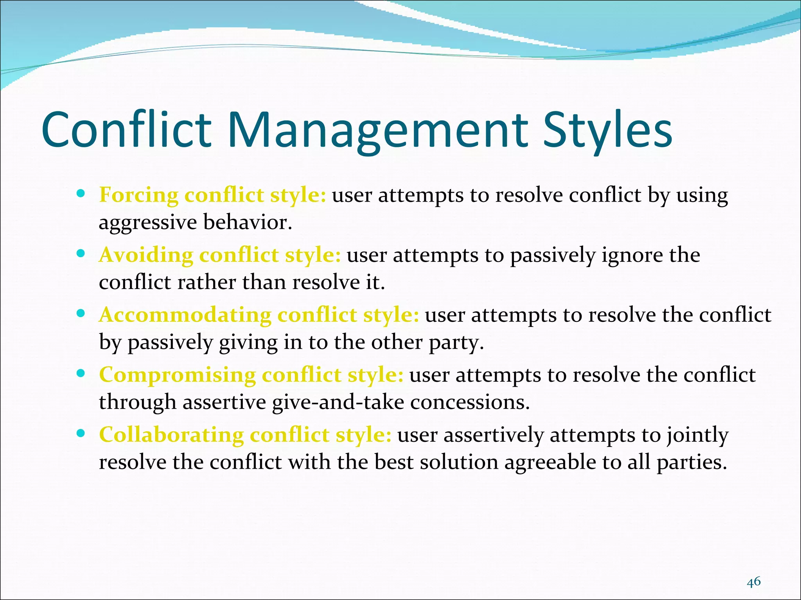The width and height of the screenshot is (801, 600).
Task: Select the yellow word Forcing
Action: click(x=138, y=195)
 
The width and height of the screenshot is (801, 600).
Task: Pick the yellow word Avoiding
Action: click(x=146, y=255)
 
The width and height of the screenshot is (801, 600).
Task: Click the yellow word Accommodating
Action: click(x=185, y=315)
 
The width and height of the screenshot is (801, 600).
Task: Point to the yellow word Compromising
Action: click(x=177, y=375)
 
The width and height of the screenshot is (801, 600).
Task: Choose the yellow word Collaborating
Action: click(x=171, y=435)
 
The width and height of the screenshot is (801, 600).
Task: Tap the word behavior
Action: click(x=248, y=223)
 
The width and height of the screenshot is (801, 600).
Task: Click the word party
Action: click(x=456, y=343)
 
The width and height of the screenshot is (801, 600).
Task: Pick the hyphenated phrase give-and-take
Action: click(x=338, y=403)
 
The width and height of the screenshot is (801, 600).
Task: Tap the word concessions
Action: click(x=470, y=403)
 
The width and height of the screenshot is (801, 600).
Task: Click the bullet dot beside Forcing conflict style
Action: click(x=81, y=193)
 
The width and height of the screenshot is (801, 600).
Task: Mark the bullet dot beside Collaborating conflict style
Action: click(x=81, y=433)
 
